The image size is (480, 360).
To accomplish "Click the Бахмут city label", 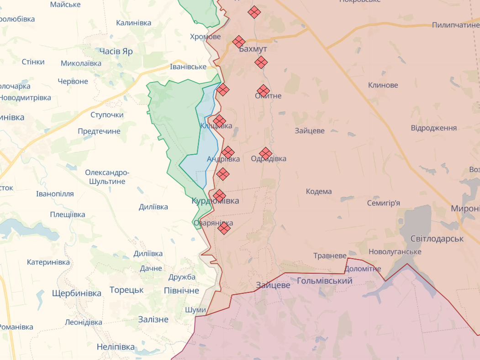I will [x=253, y=49].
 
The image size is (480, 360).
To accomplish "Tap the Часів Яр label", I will [x=116, y=51].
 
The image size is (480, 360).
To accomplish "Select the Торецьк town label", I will [x=127, y=290].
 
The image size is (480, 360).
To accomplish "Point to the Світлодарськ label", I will [x=437, y=239].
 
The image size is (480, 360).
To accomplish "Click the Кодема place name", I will [x=319, y=191].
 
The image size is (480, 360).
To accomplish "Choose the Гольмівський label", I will [x=325, y=281].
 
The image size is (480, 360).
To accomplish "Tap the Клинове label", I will [x=383, y=85].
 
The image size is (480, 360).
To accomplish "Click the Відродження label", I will [x=434, y=128].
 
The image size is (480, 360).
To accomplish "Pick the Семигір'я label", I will [x=384, y=203].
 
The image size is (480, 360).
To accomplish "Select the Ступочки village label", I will [x=107, y=115].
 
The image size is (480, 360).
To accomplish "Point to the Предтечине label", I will [x=99, y=131].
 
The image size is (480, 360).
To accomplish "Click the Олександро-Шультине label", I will [x=107, y=177].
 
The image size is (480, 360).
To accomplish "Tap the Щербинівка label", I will [x=77, y=293].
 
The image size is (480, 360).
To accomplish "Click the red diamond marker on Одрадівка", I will [x=266, y=154].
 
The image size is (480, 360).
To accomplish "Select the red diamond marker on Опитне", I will [x=263, y=91].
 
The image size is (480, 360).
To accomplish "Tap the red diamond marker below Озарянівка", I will [x=224, y=228].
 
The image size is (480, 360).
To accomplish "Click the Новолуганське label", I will [x=395, y=251].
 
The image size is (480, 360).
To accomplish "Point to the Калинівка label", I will [x=133, y=22].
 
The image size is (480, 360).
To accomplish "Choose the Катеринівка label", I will [x=48, y=262].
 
